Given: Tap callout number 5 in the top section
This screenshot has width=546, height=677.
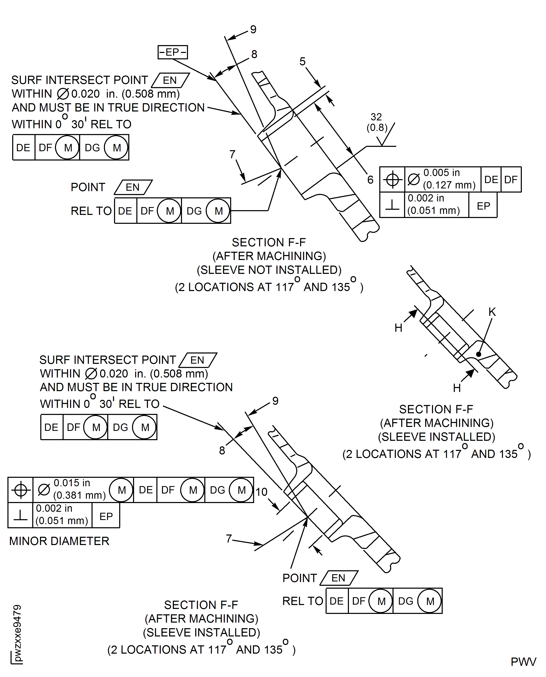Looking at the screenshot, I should point(302,61).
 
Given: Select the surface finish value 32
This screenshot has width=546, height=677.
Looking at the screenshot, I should point(376,117).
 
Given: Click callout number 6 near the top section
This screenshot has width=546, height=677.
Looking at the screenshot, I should point(370,180).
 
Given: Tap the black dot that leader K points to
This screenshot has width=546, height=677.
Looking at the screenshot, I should point(478,354).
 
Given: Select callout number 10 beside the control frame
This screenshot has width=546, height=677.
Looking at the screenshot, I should point(261,492).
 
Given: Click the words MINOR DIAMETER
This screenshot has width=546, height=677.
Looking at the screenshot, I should point(59,541).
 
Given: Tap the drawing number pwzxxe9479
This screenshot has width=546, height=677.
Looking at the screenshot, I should point(17,633).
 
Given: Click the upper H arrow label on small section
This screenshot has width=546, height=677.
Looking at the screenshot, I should point(398,328).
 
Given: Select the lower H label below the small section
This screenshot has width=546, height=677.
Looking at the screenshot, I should point(457,388).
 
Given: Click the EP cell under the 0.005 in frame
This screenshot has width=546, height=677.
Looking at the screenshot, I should point(483,206).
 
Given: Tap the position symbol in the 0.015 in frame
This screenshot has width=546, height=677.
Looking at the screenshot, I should point(21,490).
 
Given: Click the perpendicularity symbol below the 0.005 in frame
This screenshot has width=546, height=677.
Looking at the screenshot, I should point(392,205).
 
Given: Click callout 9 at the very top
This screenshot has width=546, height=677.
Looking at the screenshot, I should point(253,29).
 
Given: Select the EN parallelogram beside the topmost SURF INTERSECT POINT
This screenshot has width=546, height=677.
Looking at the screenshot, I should point(170,80).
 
